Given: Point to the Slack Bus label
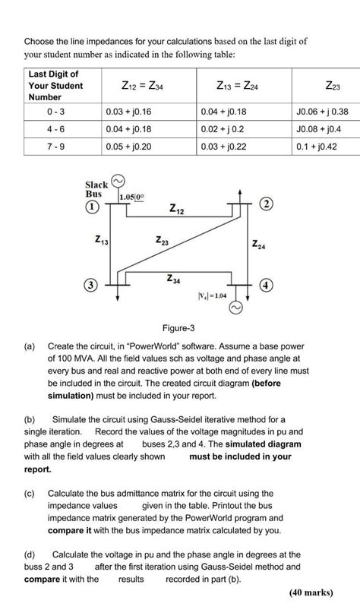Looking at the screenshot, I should point(96,189).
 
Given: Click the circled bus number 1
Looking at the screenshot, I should point(92,206).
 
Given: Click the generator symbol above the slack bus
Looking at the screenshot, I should point(118,181).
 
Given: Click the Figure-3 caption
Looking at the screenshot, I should point(179,327).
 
